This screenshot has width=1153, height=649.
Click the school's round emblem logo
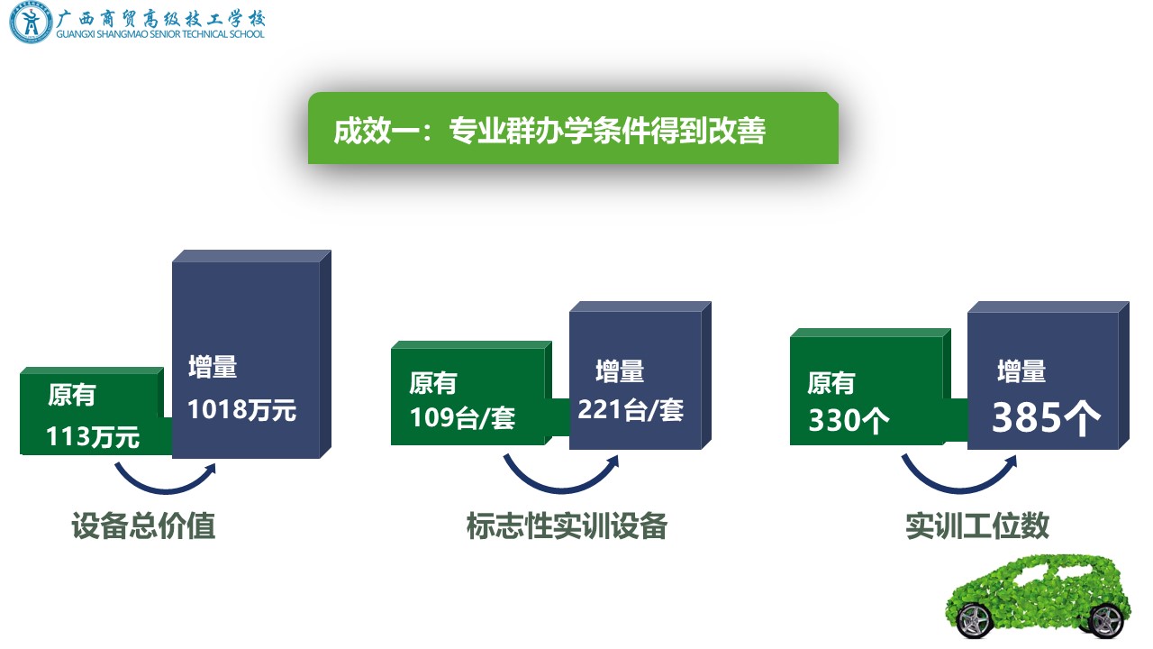coord(31,23)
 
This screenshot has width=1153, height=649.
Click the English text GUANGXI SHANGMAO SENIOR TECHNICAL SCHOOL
coord(160,34)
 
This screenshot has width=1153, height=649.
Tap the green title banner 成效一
coord(573,128)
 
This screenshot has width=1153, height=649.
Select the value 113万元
coord(93,436)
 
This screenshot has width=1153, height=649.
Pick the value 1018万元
coord(242,410)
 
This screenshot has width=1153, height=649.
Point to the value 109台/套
coord(462,417)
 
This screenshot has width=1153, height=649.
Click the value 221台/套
coord(631,410)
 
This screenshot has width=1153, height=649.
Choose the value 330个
coord(849,420)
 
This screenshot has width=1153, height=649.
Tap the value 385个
coord(1046,417)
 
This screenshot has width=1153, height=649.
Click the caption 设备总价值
coord(143,526)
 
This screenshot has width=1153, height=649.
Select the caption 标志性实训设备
coord(567,526)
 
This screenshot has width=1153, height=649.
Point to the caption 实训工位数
coord(977,526)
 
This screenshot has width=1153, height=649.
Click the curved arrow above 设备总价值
coord(165,491)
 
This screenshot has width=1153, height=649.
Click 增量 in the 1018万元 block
coord(213,367)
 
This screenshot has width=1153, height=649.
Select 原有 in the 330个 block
coord(831,383)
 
